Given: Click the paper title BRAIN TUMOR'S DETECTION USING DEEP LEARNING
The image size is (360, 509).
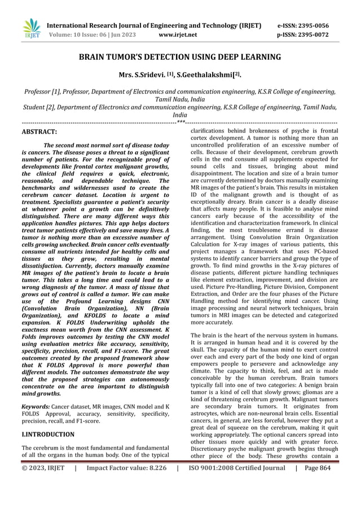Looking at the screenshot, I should click(x=179, y=58).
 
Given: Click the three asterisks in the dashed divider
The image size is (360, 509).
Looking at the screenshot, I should click(x=180, y=122).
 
